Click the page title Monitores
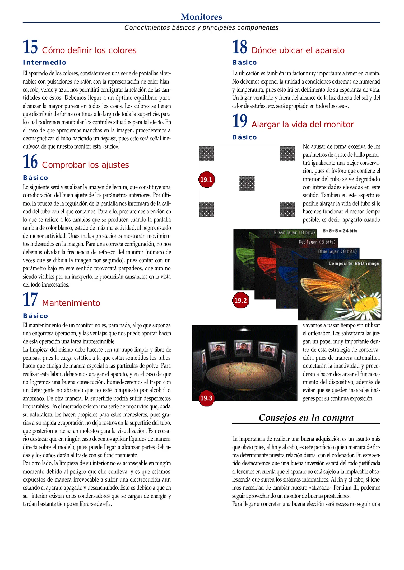[201, 17]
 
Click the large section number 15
[30, 47]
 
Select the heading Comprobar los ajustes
[85, 165]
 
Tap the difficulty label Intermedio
[44, 63]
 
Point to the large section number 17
[30, 300]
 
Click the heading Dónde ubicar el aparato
[298, 50]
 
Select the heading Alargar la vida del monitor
[302, 125]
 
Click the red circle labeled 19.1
[206, 179]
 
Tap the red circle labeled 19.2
[240, 300]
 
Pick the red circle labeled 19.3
[206, 398]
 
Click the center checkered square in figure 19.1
[247, 183]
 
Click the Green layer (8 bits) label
[294, 232]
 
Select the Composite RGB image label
[354, 263]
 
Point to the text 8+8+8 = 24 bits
[340, 231]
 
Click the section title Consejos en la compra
[306, 417]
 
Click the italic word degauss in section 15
[108, 139]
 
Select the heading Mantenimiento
[71, 303]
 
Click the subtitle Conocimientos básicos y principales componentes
[201, 27]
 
